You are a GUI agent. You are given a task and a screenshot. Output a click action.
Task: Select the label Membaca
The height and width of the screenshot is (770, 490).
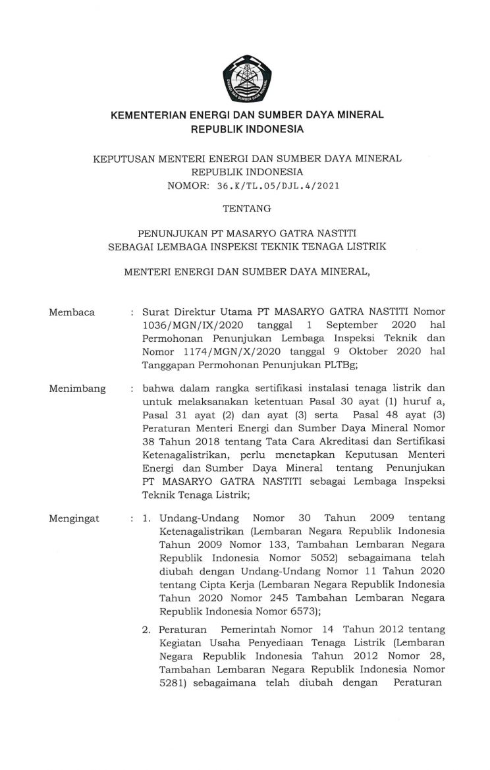point(72,312)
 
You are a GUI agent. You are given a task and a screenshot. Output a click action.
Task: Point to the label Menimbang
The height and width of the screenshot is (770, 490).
point(77,389)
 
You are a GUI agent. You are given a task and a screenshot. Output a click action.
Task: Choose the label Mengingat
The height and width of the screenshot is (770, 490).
point(74,518)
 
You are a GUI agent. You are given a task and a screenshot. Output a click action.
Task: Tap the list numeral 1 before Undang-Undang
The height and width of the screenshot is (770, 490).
point(146,518)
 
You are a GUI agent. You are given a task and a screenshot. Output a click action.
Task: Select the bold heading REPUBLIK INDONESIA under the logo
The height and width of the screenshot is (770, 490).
point(247,129)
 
